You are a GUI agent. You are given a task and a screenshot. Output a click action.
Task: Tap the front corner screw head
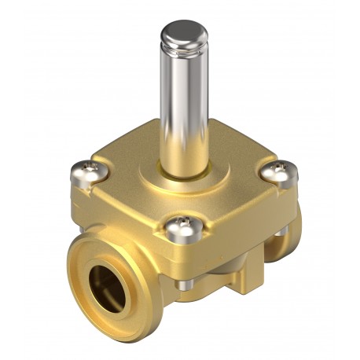[180, 230]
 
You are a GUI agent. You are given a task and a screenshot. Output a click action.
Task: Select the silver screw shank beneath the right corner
[281, 230]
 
